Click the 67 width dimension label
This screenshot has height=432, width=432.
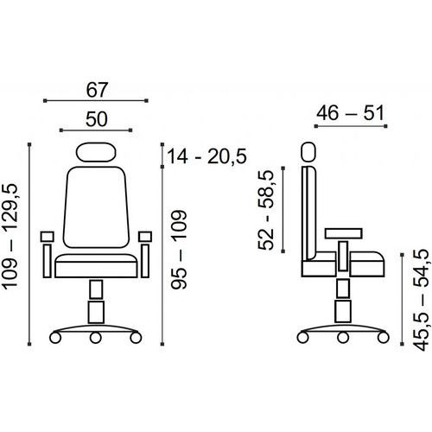pos(97,90)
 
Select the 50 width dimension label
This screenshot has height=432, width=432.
pos(97,119)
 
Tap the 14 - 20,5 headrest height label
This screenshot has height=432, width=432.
pos(206,156)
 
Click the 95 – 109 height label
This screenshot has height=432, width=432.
pos(179,250)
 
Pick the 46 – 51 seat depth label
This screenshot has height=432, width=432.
pos(350,113)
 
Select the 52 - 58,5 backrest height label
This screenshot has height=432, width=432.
pos(265,210)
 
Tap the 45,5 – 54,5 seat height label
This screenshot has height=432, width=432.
pos(421,300)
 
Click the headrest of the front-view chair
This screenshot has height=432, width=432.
pos(96,152)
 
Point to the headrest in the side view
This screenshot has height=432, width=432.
pos(308,152)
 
